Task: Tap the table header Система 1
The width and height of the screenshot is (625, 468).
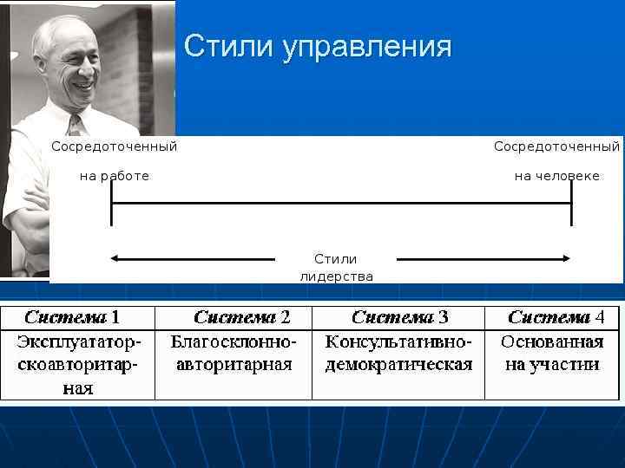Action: [x=72, y=317]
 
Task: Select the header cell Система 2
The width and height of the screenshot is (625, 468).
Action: [x=241, y=317]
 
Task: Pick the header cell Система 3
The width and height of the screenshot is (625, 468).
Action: [x=400, y=317]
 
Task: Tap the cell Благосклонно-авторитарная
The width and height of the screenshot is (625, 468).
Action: [x=234, y=354]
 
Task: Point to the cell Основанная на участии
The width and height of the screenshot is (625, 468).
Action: [x=552, y=354]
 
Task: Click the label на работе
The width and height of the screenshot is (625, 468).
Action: [x=115, y=176]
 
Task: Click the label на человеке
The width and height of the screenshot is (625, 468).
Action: [x=556, y=176]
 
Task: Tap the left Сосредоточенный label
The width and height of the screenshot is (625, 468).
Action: [x=115, y=146]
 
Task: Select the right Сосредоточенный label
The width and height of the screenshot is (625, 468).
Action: [x=556, y=146]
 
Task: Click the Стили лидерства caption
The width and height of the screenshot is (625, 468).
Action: [x=336, y=268]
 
